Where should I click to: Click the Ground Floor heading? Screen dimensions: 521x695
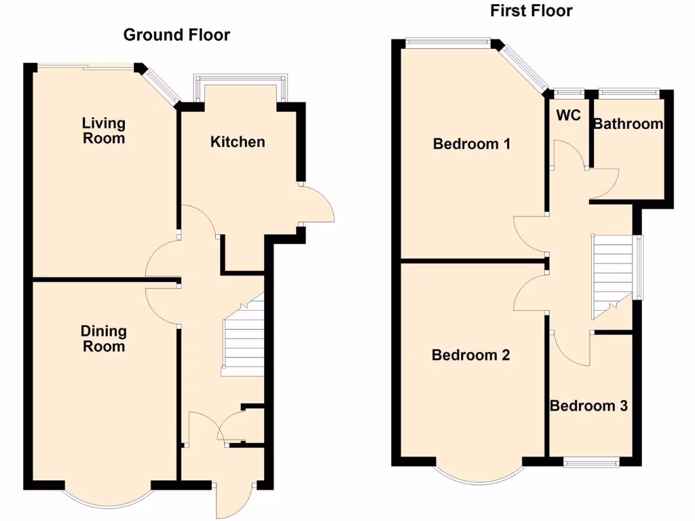pyautogui.click(x=176, y=35)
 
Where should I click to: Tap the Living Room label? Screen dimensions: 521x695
pyautogui.click(x=104, y=130)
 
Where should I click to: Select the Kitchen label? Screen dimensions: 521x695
pyautogui.click(x=238, y=142)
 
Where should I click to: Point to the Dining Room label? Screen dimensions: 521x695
pyautogui.click(x=104, y=339)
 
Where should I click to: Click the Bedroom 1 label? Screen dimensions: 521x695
pyautogui.click(x=472, y=144)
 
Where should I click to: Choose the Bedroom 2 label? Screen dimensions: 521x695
pyautogui.click(x=471, y=355)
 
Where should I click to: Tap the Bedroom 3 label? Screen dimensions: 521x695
pyautogui.click(x=588, y=406)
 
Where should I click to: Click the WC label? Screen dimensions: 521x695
pyautogui.click(x=569, y=115)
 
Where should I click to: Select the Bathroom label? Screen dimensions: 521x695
pyautogui.click(x=628, y=124)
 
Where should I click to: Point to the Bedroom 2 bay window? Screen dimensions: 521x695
pyautogui.click(x=478, y=475)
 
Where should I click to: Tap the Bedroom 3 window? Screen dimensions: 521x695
pyautogui.click(x=590, y=463)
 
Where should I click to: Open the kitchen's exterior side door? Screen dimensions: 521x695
pyautogui.click(x=319, y=203)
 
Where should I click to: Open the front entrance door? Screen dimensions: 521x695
pyautogui.click(x=234, y=502)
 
